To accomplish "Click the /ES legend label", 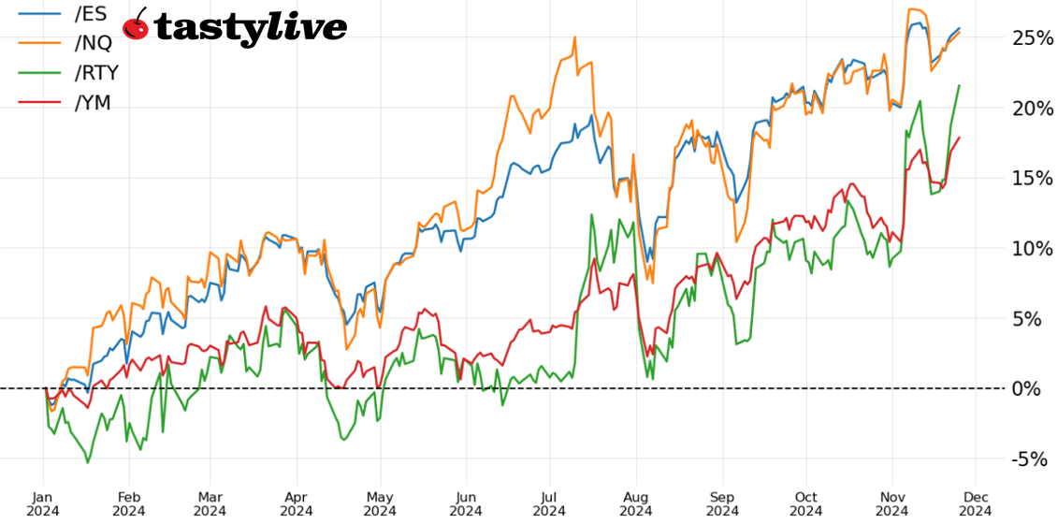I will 92,14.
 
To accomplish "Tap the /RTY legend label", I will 96,73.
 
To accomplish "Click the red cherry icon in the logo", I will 137,25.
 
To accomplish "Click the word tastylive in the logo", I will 250,28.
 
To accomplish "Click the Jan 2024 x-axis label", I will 44,503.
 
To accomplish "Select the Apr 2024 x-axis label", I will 297,503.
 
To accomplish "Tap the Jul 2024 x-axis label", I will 550,503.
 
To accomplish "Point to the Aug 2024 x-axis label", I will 636,503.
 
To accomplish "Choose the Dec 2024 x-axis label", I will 976,503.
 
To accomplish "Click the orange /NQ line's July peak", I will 574,37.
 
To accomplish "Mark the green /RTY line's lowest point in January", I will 88,462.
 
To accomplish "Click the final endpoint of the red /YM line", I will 959,138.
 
